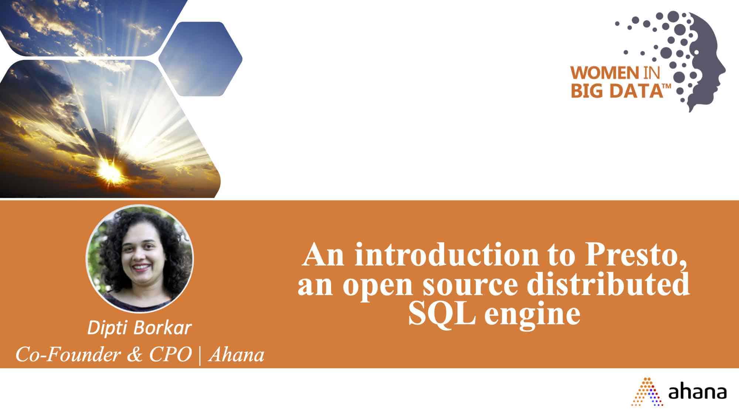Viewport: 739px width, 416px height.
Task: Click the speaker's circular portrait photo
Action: (139, 258)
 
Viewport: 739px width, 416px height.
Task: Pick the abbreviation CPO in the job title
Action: (170, 355)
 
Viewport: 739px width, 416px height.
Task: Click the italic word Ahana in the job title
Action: (236, 355)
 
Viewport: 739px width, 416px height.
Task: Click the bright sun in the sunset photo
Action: (110, 171)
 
